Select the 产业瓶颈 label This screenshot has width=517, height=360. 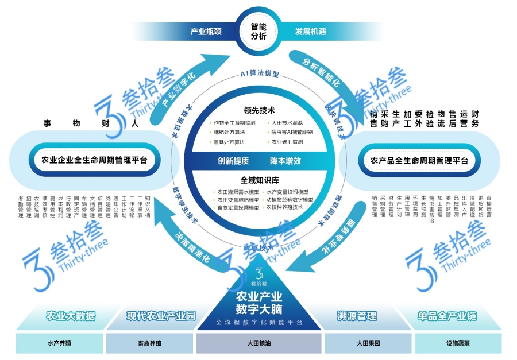[206, 32]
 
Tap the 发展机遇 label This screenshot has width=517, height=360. [311, 32]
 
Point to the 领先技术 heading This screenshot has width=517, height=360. [258, 110]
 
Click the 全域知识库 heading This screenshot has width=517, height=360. [258, 180]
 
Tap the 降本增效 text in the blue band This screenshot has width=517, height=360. [285, 161]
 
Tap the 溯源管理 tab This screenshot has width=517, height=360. [357, 316]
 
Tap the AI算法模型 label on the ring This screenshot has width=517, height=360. [259, 75]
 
